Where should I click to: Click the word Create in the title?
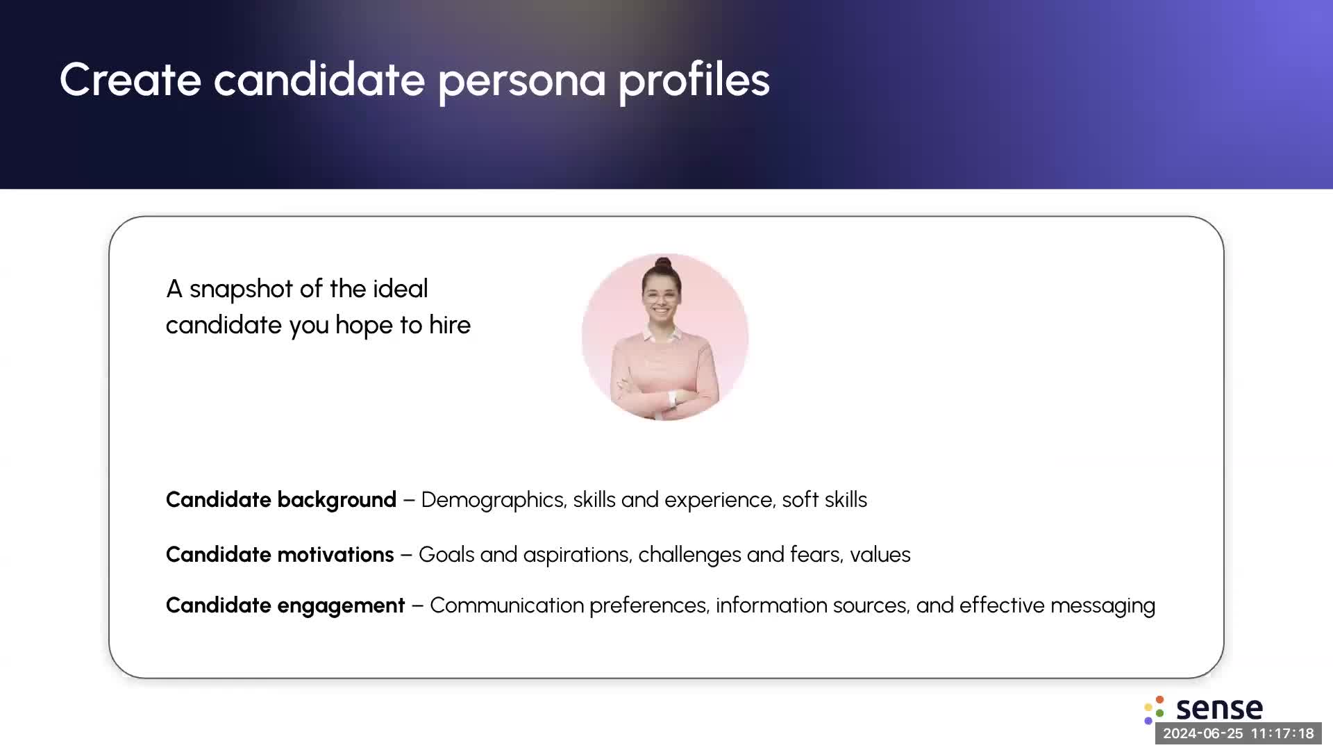pyautogui.click(x=131, y=79)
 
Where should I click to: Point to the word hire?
pyautogui.click(x=449, y=324)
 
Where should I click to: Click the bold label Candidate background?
pyautogui.click(x=281, y=500)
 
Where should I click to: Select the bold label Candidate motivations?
pyautogui.click(x=280, y=554)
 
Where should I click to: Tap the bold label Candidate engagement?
pyautogui.click(x=285, y=606)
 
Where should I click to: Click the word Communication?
pyautogui.click(x=506, y=606)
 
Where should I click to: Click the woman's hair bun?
pyautogui.click(x=663, y=264)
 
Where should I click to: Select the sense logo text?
pyautogui.click(x=1219, y=709)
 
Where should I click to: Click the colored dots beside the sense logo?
pyautogui.click(x=1154, y=710)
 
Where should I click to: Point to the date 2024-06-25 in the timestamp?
pyautogui.click(x=1202, y=733)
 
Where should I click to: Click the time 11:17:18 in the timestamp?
pyautogui.click(x=1282, y=733)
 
